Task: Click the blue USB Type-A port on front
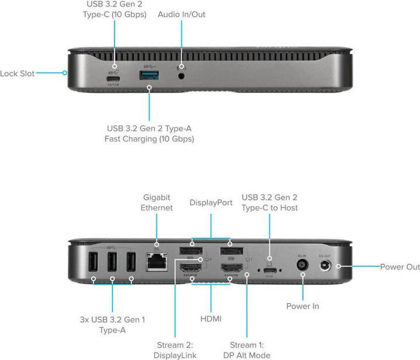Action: [x=149, y=75]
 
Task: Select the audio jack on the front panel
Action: [x=182, y=75]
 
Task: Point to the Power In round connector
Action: [x=303, y=265]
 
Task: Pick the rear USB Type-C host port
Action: [x=269, y=271]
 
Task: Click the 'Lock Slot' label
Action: [x=18, y=74]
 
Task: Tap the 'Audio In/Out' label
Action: [x=181, y=14]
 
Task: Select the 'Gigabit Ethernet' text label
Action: [x=157, y=203]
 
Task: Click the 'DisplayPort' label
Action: [x=211, y=203]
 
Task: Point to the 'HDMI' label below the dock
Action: [x=210, y=319]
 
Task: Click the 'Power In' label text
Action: [x=303, y=306]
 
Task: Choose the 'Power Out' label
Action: [x=400, y=267]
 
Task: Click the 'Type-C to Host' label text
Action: [x=270, y=207]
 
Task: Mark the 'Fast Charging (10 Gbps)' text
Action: [x=149, y=139]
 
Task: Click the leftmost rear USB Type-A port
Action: [x=92, y=264]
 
